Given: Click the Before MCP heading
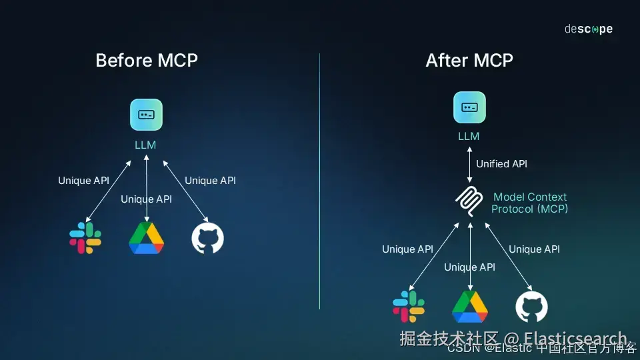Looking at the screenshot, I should (x=147, y=61).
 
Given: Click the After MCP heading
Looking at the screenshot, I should (x=469, y=61).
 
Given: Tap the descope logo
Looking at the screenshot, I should (x=588, y=29).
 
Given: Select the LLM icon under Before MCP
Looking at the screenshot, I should (x=146, y=115).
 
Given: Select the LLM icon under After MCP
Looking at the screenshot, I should (x=469, y=107).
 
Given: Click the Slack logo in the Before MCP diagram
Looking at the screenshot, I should (x=85, y=238).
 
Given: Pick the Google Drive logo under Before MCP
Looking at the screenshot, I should (x=146, y=238).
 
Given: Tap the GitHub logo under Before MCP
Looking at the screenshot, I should (x=207, y=238).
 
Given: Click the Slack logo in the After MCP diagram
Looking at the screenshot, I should (x=409, y=306).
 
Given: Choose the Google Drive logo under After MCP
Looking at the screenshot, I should (x=470, y=307).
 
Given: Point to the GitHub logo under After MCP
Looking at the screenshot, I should (x=531, y=307).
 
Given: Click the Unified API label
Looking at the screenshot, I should (x=501, y=164).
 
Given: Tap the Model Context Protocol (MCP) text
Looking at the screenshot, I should (x=529, y=203).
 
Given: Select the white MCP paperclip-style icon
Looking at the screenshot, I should (x=470, y=202).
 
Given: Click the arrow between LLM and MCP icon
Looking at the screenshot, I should (x=469, y=164).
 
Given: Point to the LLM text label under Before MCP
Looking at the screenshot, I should (x=145, y=144).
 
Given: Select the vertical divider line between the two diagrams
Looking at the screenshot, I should (x=319, y=180).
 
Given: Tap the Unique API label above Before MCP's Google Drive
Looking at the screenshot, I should (x=146, y=199).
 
